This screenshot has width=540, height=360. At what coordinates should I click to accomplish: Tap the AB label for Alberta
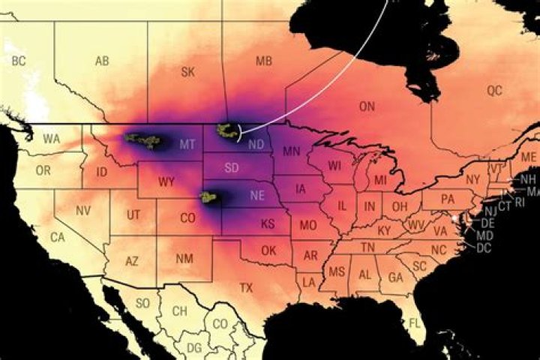pyautogui.click(x=102, y=61)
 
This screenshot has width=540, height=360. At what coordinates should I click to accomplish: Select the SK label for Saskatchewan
pyautogui.click(x=188, y=72)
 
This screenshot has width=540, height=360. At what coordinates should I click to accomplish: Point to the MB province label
pyautogui.click(x=264, y=61)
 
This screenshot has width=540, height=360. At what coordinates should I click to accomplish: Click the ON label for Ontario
pyautogui.click(x=367, y=107)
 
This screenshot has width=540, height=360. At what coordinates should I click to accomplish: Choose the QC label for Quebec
pyautogui.click(x=494, y=91)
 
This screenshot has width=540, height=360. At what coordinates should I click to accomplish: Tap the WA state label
pyautogui.click(x=52, y=139)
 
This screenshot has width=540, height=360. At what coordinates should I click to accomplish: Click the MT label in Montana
pyautogui.click(x=188, y=143)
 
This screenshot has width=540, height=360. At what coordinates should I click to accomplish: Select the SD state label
pyautogui.click(x=232, y=166)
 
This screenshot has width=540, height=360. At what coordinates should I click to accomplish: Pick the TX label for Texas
pyautogui.click(x=246, y=287)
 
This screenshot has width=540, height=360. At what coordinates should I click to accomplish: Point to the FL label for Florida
pyautogui.click(x=415, y=323)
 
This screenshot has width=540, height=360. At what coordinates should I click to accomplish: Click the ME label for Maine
pyautogui.click(x=529, y=157)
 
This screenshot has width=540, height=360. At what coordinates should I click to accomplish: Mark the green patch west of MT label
pyautogui.click(x=144, y=139)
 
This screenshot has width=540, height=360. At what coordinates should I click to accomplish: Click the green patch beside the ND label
pyautogui.click(x=225, y=131)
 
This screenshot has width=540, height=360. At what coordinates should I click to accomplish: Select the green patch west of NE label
pyautogui.click(x=208, y=197)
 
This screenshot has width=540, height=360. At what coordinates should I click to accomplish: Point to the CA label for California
pyautogui.click(x=57, y=237)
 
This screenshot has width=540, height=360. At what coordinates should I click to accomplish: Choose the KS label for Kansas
pyautogui.click(x=267, y=224)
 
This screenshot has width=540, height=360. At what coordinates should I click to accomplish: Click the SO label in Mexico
pyautogui.click(x=142, y=304)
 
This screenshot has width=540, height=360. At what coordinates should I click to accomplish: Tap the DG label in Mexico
pyautogui.click(x=193, y=347)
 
